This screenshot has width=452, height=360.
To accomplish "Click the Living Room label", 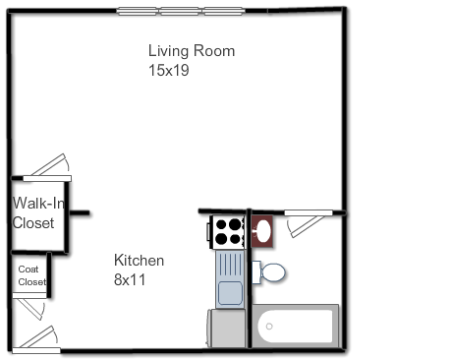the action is [192, 51].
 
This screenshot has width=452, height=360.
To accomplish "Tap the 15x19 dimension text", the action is [169, 70].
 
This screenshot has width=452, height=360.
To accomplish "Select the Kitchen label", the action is [139, 261].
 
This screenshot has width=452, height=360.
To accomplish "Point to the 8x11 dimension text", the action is [130, 279].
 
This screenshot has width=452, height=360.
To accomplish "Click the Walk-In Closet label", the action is [38, 212].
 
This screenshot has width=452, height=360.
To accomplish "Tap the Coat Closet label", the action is [32, 275].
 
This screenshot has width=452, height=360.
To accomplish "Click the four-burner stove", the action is [227, 232].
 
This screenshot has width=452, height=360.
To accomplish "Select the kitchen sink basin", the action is [230, 293].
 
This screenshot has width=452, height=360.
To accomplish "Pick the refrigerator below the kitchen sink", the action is [226, 328].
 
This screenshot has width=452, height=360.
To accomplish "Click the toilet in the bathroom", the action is [268, 272].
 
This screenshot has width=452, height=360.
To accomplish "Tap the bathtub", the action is [296, 326].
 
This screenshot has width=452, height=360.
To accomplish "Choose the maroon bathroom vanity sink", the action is [262, 231].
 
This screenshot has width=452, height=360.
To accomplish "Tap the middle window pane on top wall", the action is [180, 11].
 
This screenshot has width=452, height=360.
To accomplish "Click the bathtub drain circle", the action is [269, 327].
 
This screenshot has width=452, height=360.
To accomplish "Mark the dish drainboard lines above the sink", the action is [231, 265].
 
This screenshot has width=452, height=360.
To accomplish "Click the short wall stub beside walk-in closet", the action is [80, 212].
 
